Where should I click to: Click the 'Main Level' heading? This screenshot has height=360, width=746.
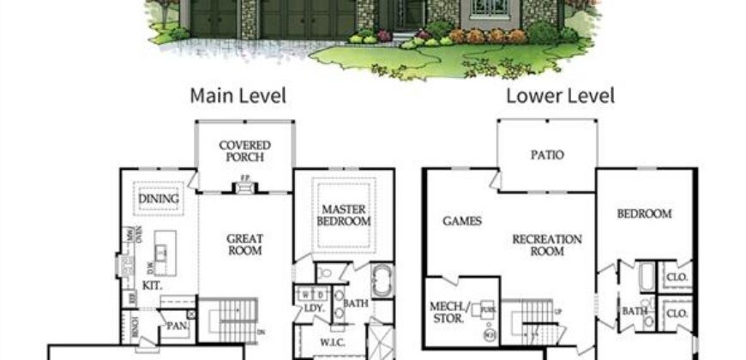click(238, 95)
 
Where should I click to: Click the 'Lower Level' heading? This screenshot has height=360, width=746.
click(560, 95)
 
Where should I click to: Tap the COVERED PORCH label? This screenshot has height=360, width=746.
click(244, 152)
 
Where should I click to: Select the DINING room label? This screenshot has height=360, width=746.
click(159, 200)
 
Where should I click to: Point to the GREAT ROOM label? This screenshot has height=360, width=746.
click(244, 245)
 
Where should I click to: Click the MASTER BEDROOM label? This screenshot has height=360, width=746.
click(346, 215)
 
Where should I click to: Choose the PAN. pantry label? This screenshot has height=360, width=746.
click(176, 326)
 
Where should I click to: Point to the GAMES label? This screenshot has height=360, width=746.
click(461, 221)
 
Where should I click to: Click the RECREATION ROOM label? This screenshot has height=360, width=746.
click(547, 245)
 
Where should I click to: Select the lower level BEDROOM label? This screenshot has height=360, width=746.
click(644, 214)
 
